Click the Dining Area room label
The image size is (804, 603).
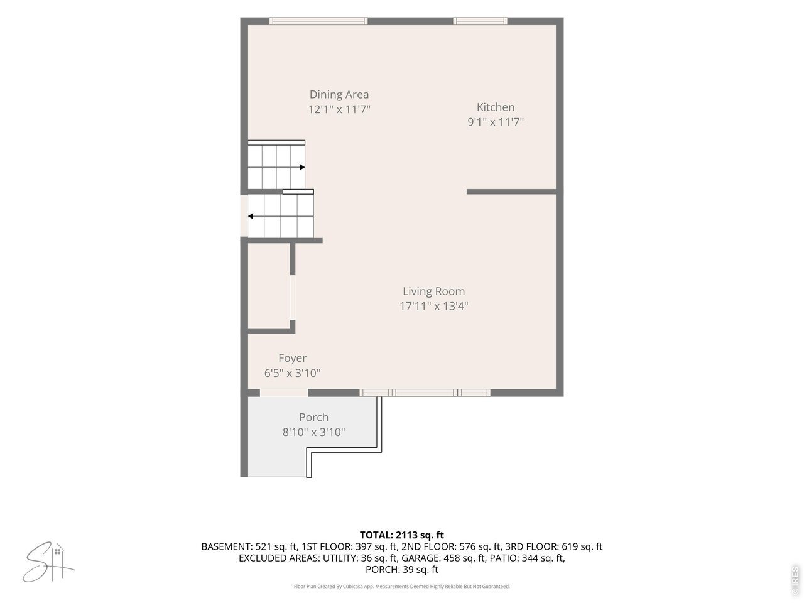(339, 94)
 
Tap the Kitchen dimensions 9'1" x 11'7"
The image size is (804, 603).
(495, 122)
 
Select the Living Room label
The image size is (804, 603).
(433, 291)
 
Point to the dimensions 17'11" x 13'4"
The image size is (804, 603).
(433, 306)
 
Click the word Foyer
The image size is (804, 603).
(292, 358)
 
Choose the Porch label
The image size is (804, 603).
(313, 417)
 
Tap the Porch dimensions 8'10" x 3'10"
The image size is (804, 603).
(313, 432)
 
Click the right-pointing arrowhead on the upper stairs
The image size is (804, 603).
(302, 167)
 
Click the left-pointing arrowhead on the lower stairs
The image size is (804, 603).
(251, 216)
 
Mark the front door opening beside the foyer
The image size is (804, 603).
(284, 393)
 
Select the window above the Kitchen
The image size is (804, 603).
(481, 21)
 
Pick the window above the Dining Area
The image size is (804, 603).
(318, 21)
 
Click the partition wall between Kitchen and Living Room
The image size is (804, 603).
(511, 192)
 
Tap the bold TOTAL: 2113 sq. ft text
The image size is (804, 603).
(402, 535)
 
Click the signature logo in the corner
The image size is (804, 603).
(48, 563)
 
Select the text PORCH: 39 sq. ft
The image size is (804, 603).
(402, 569)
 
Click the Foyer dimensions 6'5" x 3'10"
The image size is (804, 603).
(292, 373)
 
